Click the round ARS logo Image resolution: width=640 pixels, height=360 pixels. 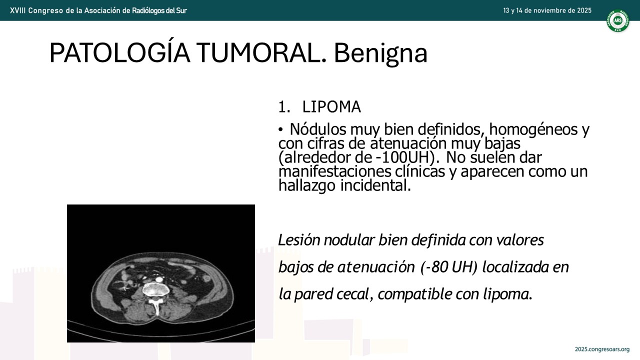(x=617, y=20)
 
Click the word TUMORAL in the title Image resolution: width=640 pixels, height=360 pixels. (x=261, y=53)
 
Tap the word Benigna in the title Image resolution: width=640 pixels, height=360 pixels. (x=380, y=53)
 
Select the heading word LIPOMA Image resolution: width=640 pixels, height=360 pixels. (x=331, y=107)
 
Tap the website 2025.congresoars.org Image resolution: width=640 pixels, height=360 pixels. (x=602, y=349)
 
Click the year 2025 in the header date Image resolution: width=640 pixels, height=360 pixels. (x=584, y=10)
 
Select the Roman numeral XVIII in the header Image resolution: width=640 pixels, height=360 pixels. (x=17, y=10)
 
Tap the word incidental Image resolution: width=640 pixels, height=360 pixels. (x=375, y=185)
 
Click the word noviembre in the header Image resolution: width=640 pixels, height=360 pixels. (x=547, y=10)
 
